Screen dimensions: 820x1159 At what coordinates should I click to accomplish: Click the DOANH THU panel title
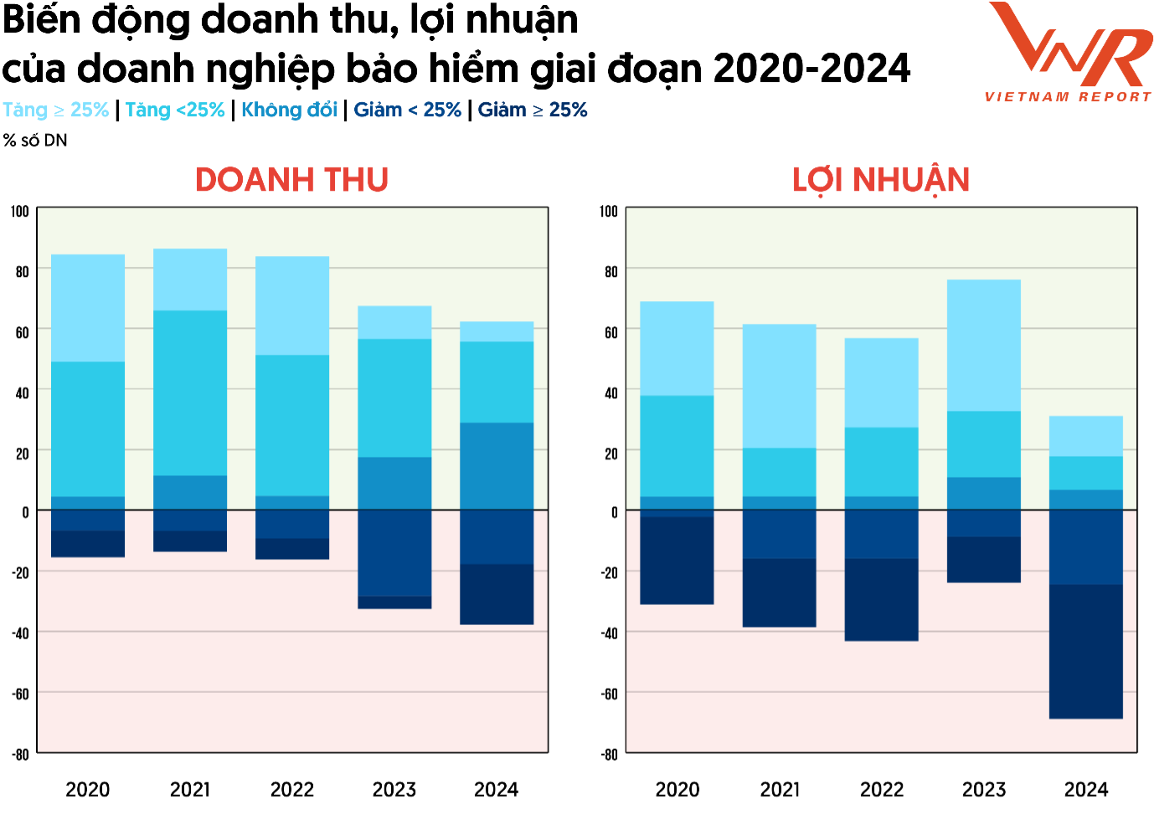click(291, 180)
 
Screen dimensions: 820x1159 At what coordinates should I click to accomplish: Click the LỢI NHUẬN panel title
click(881, 180)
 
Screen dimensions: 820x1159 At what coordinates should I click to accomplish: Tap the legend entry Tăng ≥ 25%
click(56, 110)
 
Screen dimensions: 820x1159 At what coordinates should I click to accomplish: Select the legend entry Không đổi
click(289, 110)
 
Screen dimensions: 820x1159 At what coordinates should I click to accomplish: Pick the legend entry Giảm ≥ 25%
click(533, 110)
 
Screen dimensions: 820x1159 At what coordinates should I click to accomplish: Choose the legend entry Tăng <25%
click(175, 110)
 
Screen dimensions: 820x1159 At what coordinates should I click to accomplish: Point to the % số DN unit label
click(35, 141)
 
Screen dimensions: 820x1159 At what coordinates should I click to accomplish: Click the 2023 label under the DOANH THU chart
click(394, 789)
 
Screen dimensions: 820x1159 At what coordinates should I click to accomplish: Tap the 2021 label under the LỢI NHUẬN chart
click(780, 789)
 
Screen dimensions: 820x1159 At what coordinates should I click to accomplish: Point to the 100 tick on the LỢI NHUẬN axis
click(609, 211)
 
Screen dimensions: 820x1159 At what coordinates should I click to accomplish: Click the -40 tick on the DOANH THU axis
click(21, 633)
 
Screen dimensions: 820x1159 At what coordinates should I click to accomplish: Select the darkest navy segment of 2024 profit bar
click(1085, 651)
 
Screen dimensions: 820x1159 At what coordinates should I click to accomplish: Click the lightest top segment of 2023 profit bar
click(983, 345)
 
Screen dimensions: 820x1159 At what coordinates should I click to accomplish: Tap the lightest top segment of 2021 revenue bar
click(190, 279)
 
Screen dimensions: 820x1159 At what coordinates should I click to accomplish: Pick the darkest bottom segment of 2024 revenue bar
click(497, 594)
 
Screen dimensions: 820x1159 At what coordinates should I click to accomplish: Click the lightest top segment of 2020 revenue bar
click(88, 308)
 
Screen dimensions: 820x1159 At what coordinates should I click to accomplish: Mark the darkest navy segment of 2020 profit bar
click(677, 561)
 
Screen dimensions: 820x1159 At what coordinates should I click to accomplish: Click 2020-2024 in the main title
click(811, 68)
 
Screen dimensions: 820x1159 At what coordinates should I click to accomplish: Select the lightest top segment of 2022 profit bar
click(881, 382)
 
